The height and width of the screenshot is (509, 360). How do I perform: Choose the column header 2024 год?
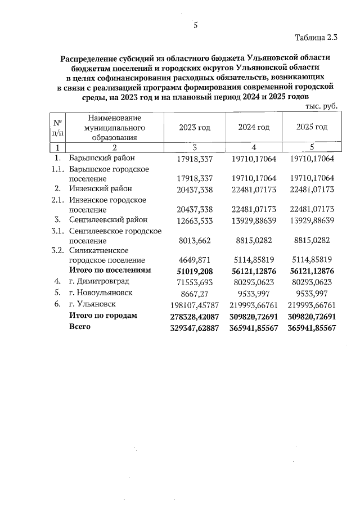(254, 128)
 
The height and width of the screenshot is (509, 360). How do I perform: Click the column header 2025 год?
(312, 127)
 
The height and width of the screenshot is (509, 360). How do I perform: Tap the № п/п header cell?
(57, 127)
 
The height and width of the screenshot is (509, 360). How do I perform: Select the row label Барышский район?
(102, 159)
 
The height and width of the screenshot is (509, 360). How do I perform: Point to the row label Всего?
(80, 327)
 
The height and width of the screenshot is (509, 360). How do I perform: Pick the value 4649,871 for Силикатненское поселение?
(194, 260)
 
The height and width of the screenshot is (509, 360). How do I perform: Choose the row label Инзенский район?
(101, 188)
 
